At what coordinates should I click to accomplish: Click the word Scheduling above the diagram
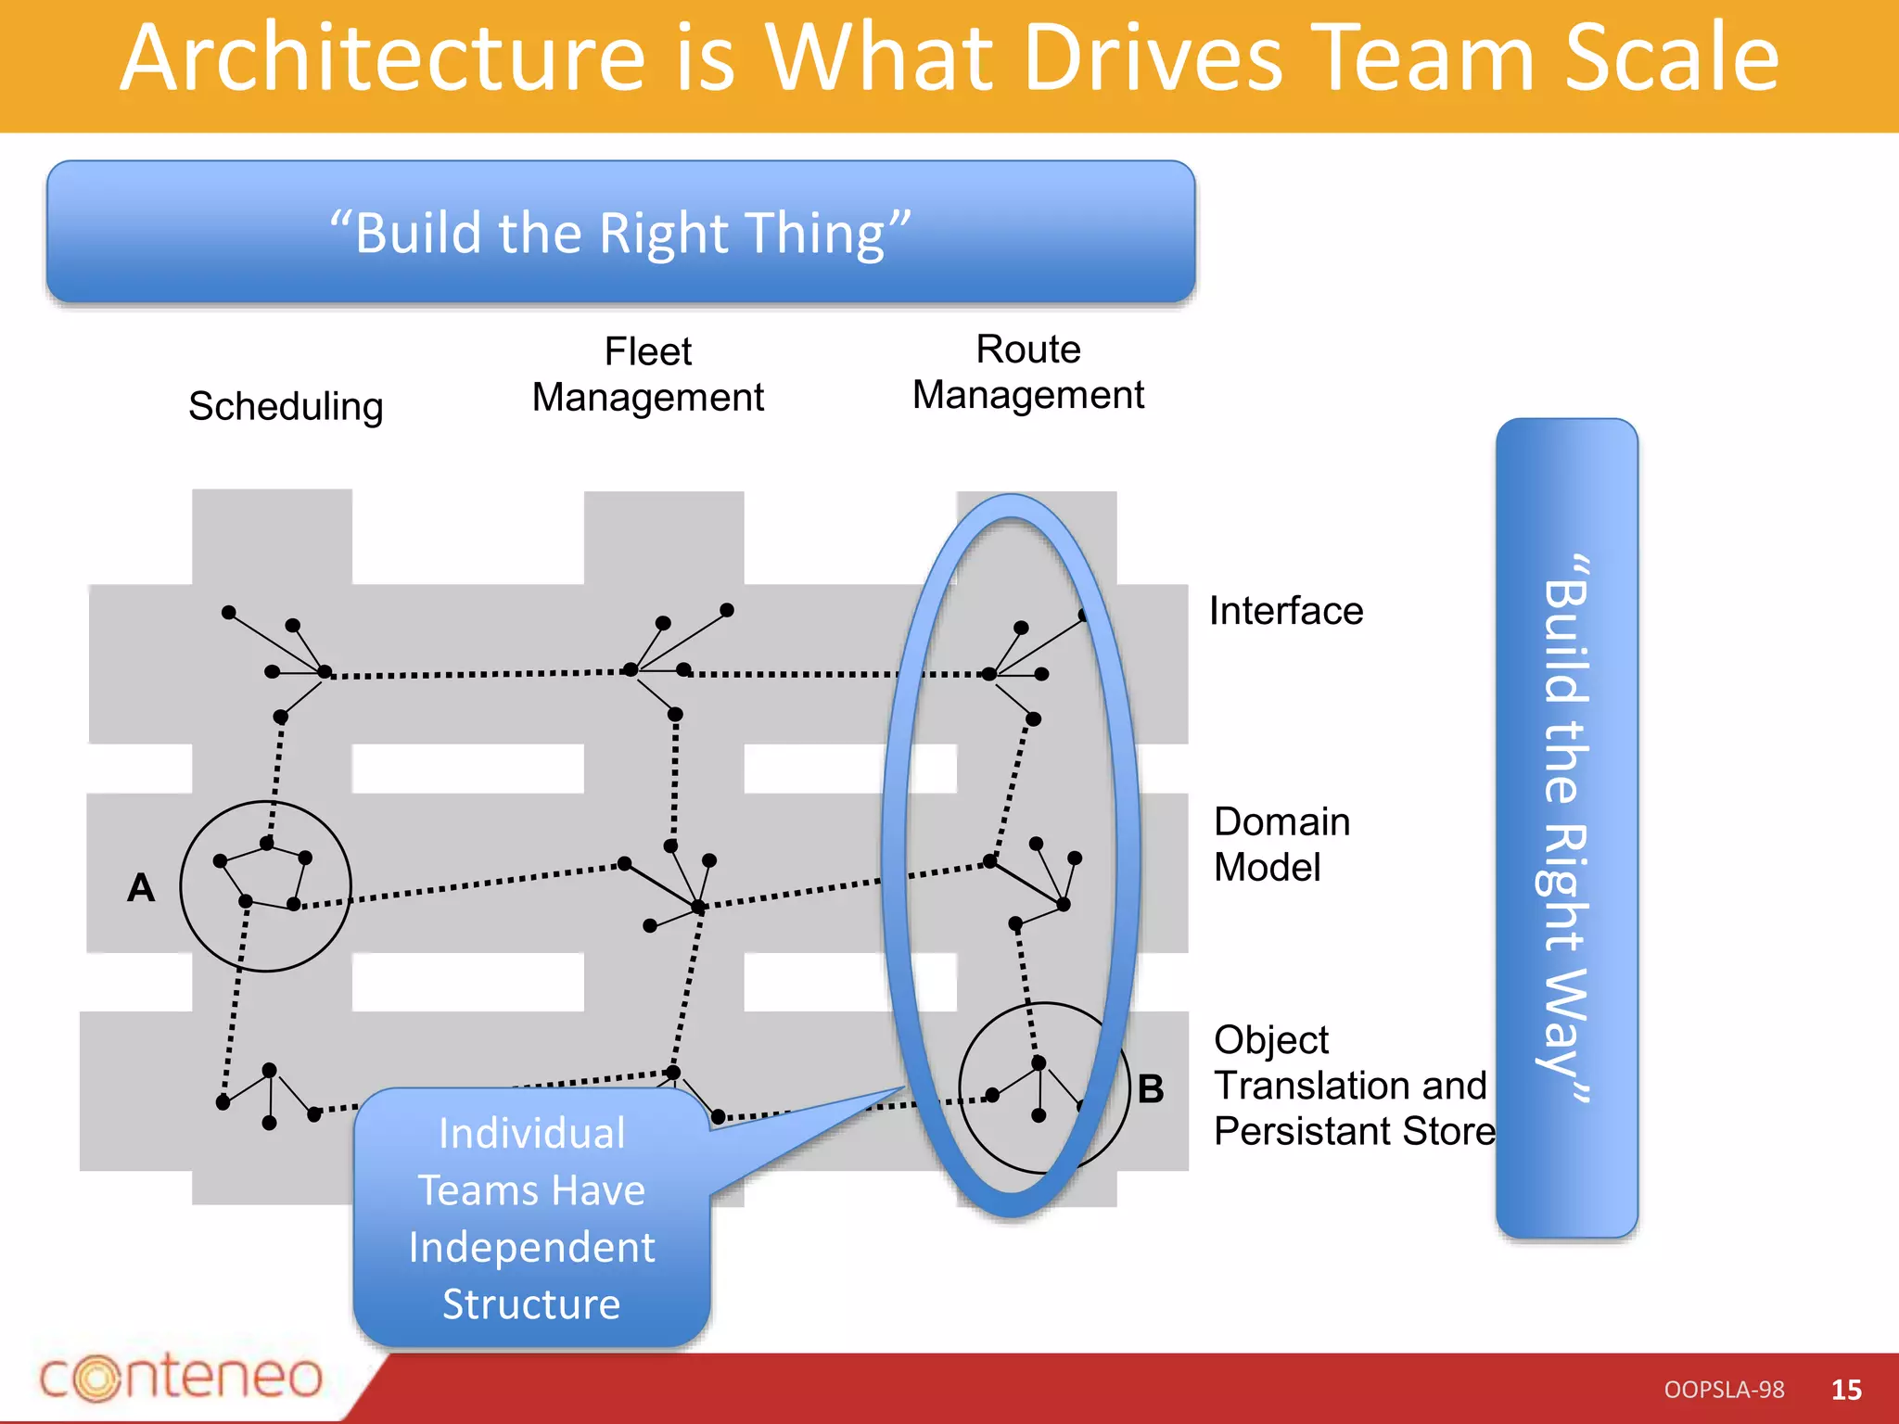click(x=286, y=406)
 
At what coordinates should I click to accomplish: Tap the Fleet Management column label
click(x=647, y=375)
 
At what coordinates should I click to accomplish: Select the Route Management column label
click(x=1027, y=372)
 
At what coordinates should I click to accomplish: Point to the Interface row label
click(x=1285, y=611)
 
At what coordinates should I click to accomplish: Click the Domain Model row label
click(x=1281, y=844)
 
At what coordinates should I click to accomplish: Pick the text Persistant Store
click(x=1354, y=1131)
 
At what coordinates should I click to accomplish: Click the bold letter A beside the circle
click(x=141, y=888)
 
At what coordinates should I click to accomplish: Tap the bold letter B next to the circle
click(x=1150, y=1089)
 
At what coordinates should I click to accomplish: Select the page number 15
click(x=1846, y=1390)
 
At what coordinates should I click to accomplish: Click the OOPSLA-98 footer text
click(x=1724, y=1390)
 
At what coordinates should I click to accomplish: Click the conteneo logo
click(x=181, y=1377)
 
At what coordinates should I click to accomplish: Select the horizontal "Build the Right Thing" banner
click(x=620, y=232)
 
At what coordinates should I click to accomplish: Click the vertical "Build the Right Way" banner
click(x=1566, y=827)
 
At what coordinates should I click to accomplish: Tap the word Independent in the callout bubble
click(x=531, y=1247)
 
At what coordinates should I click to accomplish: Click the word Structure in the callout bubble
click(x=531, y=1304)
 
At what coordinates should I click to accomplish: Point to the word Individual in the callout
click(x=531, y=1133)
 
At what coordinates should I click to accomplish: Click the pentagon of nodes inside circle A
click(x=264, y=876)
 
